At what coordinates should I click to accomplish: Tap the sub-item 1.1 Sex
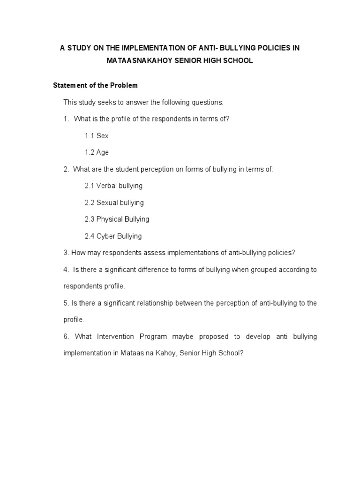(97, 135)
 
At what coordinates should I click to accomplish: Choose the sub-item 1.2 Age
(97, 152)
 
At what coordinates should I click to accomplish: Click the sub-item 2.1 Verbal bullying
(113, 186)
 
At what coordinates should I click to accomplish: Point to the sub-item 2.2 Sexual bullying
(114, 202)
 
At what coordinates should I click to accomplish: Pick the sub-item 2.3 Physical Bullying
(117, 219)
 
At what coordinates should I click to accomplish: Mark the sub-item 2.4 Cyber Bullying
(113, 236)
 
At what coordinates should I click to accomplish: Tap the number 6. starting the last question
(66, 337)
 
